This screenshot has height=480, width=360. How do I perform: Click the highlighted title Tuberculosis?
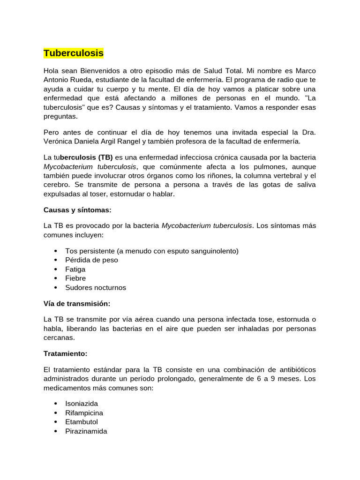[x=74, y=53]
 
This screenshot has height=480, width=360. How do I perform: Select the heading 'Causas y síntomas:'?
[x=77, y=210]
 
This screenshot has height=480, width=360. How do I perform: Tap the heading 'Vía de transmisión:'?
[x=77, y=303]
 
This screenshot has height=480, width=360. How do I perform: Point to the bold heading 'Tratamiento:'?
[x=65, y=353]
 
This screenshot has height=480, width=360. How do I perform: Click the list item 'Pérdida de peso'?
[x=91, y=260]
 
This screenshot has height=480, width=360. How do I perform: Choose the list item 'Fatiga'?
[x=75, y=269]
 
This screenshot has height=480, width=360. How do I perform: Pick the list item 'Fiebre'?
[x=75, y=278]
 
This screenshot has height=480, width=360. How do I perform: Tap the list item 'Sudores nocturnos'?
[x=96, y=287]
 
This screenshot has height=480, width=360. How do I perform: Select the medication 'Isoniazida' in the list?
[x=82, y=404]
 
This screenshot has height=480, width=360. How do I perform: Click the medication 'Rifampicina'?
[x=84, y=413]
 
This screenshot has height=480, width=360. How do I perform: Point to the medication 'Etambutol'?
[x=82, y=422]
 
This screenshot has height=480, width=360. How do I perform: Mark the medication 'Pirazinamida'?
[x=86, y=431]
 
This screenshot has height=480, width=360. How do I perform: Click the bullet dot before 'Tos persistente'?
[x=56, y=251]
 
